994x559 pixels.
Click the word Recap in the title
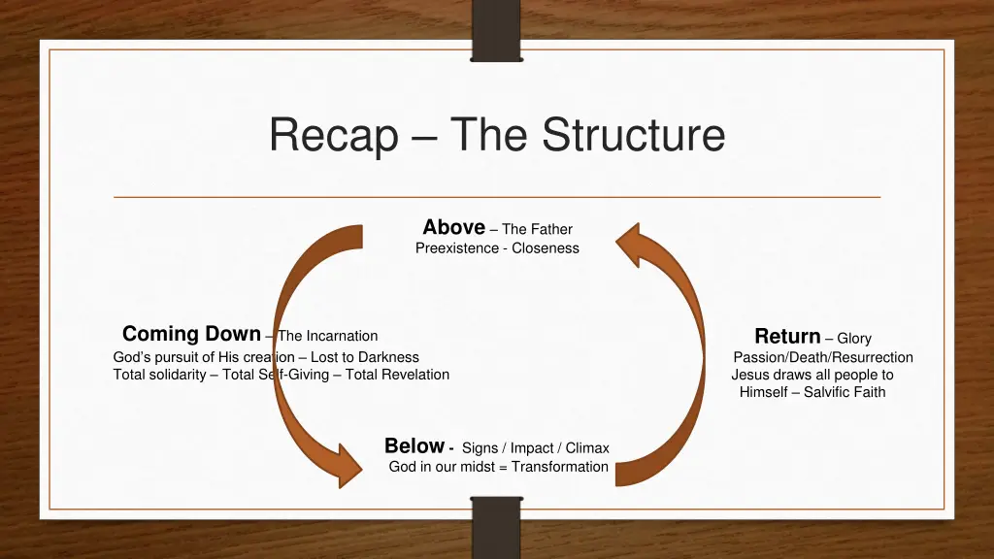point(333,135)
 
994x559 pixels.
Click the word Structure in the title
point(633,135)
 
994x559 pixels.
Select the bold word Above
point(453,227)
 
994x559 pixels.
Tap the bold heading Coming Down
point(191,334)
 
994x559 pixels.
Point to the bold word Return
point(787,337)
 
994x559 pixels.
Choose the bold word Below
point(414,446)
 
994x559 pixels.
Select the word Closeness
point(546,248)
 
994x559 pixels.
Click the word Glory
point(854,339)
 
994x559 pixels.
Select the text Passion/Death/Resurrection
point(822,357)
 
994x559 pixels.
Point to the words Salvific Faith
point(845,392)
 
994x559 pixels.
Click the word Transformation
point(560,467)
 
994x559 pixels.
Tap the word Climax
point(587,448)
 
